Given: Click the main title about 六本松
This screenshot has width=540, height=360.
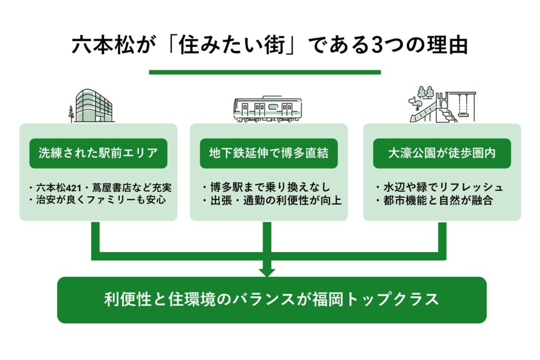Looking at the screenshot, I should tap(269, 45).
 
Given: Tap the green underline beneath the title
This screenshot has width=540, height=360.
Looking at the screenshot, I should tap(265, 72).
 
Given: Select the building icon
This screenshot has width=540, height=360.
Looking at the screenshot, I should tap(94, 105).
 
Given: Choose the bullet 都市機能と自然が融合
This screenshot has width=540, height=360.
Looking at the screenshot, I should tap(434, 201).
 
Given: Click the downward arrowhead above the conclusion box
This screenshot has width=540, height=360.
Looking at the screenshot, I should tap(267, 271).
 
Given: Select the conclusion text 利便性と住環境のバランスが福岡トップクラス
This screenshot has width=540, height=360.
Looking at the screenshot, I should tap(272, 299).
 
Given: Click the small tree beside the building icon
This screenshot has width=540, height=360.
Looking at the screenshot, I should tap(71, 112).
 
